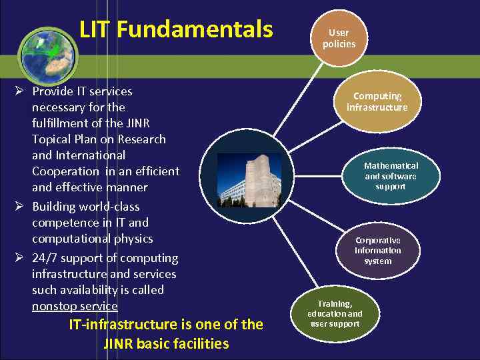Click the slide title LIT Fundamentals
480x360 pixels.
pos(176,29)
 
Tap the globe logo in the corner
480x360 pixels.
pos(47,53)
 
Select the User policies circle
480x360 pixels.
pos(339,38)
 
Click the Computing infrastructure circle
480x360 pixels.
pos(377,101)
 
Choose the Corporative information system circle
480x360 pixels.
pos(377,251)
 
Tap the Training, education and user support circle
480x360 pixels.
pos(335,313)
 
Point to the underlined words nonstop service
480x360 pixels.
pos(75,306)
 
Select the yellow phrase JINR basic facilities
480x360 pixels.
pos(166,344)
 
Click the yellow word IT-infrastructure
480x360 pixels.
pos(123,325)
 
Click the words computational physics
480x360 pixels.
pos(92,239)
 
